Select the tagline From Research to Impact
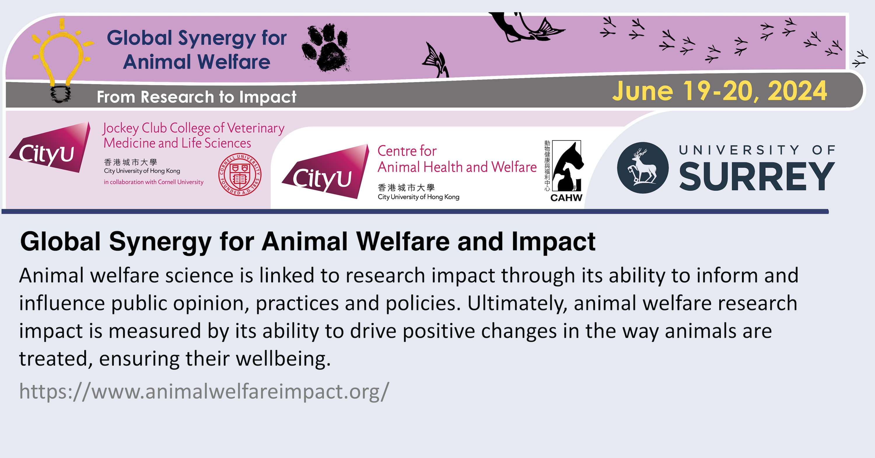[196, 97]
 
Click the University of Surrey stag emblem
[643, 168]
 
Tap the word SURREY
[757, 177]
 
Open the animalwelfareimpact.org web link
[204, 391]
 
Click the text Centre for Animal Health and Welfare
[457, 159]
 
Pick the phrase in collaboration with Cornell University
[153, 182]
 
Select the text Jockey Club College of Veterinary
[194, 128]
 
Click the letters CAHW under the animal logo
[566, 198]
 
